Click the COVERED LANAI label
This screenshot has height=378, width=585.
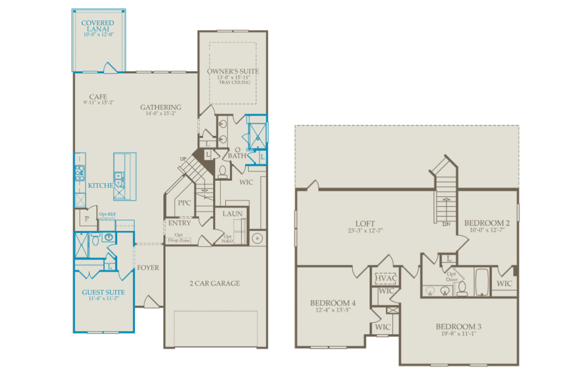[98, 26]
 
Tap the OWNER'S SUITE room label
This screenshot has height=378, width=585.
[233, 71]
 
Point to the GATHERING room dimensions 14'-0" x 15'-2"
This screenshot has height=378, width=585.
[161, 113]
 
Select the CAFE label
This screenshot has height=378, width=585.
[98, 97]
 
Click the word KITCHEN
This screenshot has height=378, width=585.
[103, 185]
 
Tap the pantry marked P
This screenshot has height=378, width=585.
[87, 219]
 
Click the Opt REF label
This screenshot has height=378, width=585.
[107, 214]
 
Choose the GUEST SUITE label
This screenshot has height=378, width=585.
[103, 292]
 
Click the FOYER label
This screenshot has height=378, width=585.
[148, 268]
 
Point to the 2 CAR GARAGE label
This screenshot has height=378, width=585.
[215, 283]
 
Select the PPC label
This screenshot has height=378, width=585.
[184, 203]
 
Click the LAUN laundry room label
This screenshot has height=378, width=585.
[232, 214]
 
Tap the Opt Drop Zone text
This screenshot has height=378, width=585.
[179, 237]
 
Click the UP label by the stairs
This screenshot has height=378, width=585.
[183, 159]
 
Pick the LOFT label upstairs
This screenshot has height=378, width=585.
[365, 224]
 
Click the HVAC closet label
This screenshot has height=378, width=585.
[386, 278]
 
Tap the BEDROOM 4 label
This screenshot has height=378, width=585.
[333, 303]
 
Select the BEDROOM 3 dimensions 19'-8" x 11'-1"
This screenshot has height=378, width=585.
[459, 334]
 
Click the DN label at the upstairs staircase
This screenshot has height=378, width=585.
[446, 224]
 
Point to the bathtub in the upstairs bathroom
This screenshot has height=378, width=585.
[482, 282]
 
